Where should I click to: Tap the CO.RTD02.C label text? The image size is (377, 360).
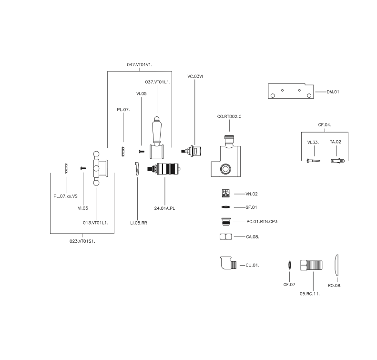tap(229, 116)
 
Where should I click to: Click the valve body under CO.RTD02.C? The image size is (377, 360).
tap(225, 160)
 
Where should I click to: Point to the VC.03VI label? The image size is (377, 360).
tap(195, 76)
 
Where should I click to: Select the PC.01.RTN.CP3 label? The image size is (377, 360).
tap(262, 221)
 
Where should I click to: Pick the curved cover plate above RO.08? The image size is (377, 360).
tap(337, 264)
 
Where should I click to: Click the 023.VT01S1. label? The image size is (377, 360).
tap(82, 240)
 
